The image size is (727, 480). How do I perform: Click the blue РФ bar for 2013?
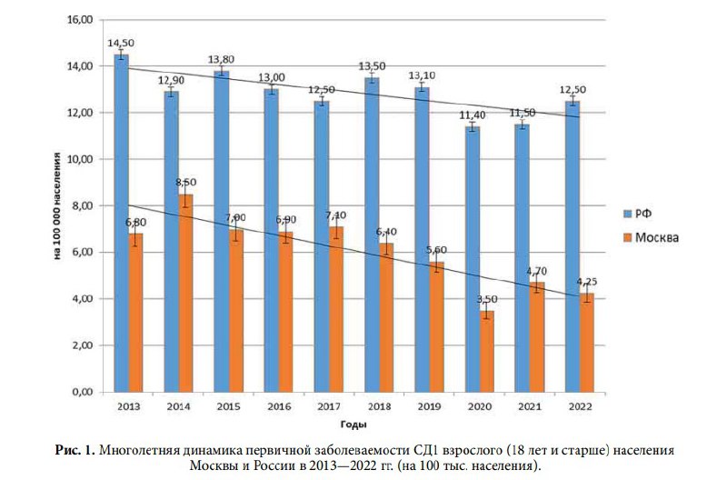(x=122, y=224)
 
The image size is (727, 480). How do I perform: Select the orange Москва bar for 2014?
(x=186, y=293)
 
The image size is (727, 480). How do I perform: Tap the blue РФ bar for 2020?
(x=473, y=260)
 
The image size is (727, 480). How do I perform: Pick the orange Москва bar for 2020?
(x=487, y=352)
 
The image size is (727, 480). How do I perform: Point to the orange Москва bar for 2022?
(x=587, y=343)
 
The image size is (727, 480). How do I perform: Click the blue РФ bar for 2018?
(x=373, y=235)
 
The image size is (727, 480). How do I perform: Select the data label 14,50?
(x=121, y=43)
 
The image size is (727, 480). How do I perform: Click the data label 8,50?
(x=186, y=182)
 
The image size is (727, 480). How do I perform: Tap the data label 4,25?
(x=587, y=282)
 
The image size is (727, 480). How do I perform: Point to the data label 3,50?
(x=487, y=299)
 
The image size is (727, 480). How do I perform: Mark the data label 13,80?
(x=221, y=59)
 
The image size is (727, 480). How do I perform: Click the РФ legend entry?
(x=638, y=214)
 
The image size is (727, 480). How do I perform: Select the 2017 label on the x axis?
(x=329, y=406)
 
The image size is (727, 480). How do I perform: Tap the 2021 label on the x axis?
(x=530, y=406)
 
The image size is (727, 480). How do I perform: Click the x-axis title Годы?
(x=354, y=425)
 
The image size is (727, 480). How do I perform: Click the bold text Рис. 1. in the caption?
(x=75, y=450)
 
